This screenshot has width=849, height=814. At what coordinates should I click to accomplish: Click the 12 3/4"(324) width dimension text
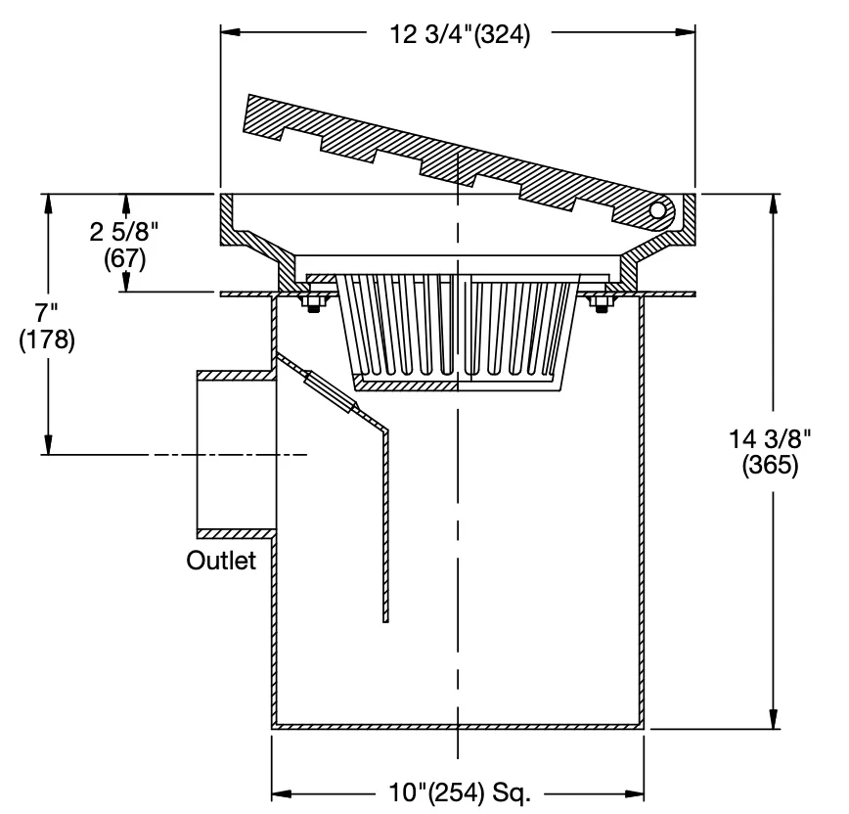click(460, 34)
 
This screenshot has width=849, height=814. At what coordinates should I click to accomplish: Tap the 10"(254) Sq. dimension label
click(460, 792)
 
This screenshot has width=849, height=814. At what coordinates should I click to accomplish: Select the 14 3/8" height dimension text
click(770, 438)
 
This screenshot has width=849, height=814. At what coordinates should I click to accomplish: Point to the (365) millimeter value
click(770, 465)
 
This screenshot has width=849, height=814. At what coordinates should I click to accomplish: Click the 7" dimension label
click(46, 313)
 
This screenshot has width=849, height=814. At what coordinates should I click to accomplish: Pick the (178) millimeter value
click(47, 339)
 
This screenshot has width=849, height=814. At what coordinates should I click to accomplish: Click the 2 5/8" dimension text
click(124, 232)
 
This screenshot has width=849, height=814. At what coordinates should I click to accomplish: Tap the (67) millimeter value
click(125, 258)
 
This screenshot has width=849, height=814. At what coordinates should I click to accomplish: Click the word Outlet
click(221, 561)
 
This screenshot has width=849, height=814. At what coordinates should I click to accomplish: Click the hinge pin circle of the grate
click(656, 209)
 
